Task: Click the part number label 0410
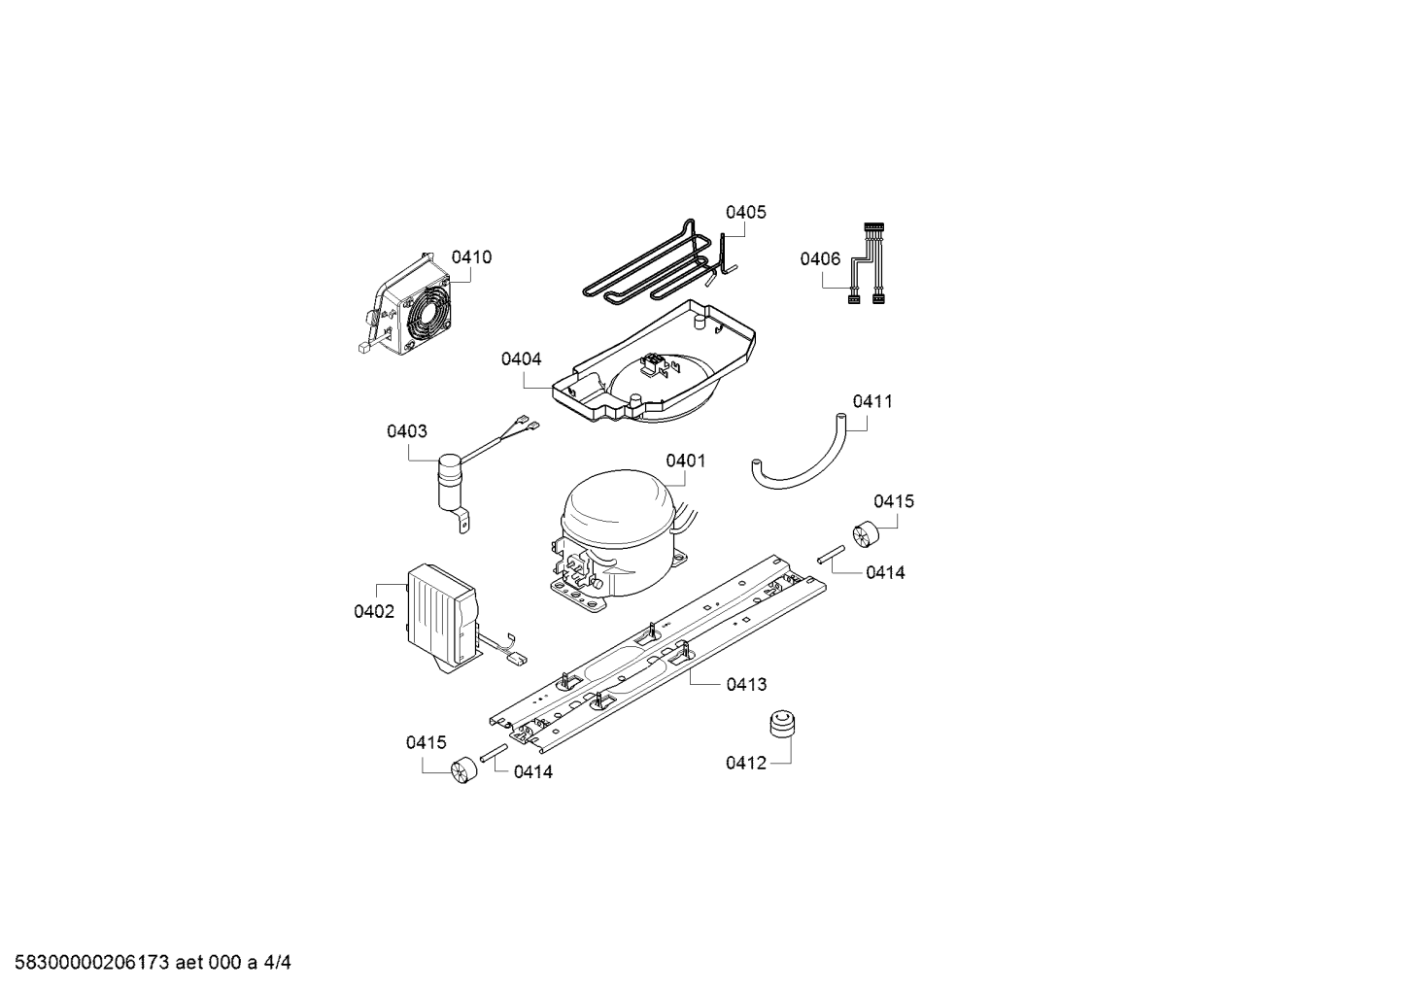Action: (471, 257)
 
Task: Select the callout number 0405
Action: (745, 212)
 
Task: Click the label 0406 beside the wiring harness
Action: (820, 258)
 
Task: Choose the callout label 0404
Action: (521, 358)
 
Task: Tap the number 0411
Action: (872, 401)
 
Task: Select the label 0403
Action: (406, 431)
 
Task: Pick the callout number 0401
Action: (686, 461)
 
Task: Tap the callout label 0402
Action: (374, 612)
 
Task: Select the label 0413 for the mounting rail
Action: (746, 685)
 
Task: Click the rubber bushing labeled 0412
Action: (782, 724)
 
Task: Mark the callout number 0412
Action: (745, 763)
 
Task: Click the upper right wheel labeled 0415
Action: (867, 535)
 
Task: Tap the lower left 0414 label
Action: (532, 772)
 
